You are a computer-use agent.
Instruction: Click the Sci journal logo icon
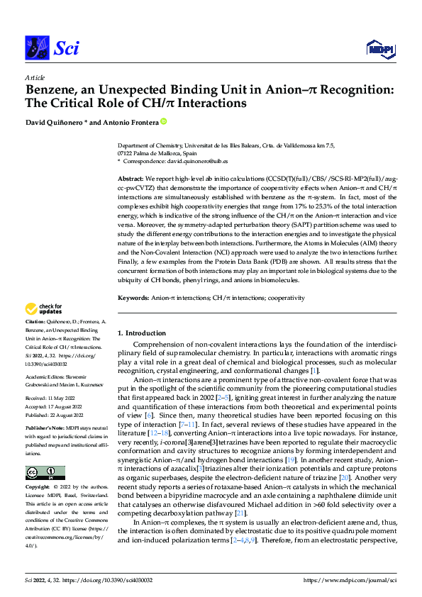[35, 48]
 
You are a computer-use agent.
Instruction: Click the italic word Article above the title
[35, 77]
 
